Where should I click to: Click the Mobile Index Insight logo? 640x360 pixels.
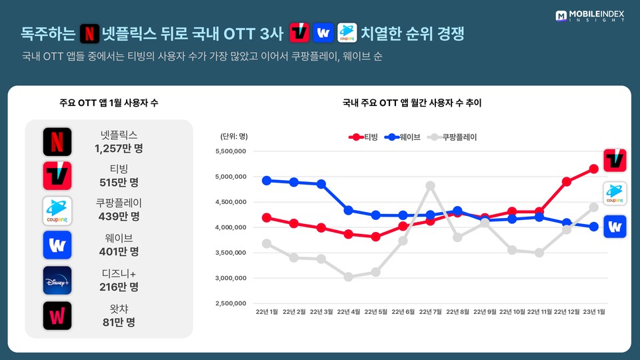coord(591,15)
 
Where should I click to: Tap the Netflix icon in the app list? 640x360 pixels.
coord(57,141)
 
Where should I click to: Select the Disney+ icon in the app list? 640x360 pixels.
coord(57,280)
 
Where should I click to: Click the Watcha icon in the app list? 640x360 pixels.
coord(57,315)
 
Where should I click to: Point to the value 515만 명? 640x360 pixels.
coord(119,183)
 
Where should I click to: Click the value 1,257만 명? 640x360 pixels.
coord(119,148)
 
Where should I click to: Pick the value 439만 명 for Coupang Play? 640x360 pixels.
coord(119,217)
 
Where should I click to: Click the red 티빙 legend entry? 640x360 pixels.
coord(363,137)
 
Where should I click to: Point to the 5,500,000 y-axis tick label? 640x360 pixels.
coord(230,151)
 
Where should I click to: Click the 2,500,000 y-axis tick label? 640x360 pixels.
coord(230,303)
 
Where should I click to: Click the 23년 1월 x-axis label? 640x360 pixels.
coord(593,311)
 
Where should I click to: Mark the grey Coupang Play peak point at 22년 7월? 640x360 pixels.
coord(430,185)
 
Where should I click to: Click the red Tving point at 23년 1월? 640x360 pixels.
coord(593,169)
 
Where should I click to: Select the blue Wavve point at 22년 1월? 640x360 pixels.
coord(267,180)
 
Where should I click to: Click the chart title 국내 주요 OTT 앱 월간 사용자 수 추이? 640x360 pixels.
coord(412,103)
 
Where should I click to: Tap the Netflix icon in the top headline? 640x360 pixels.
coord(89,32)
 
